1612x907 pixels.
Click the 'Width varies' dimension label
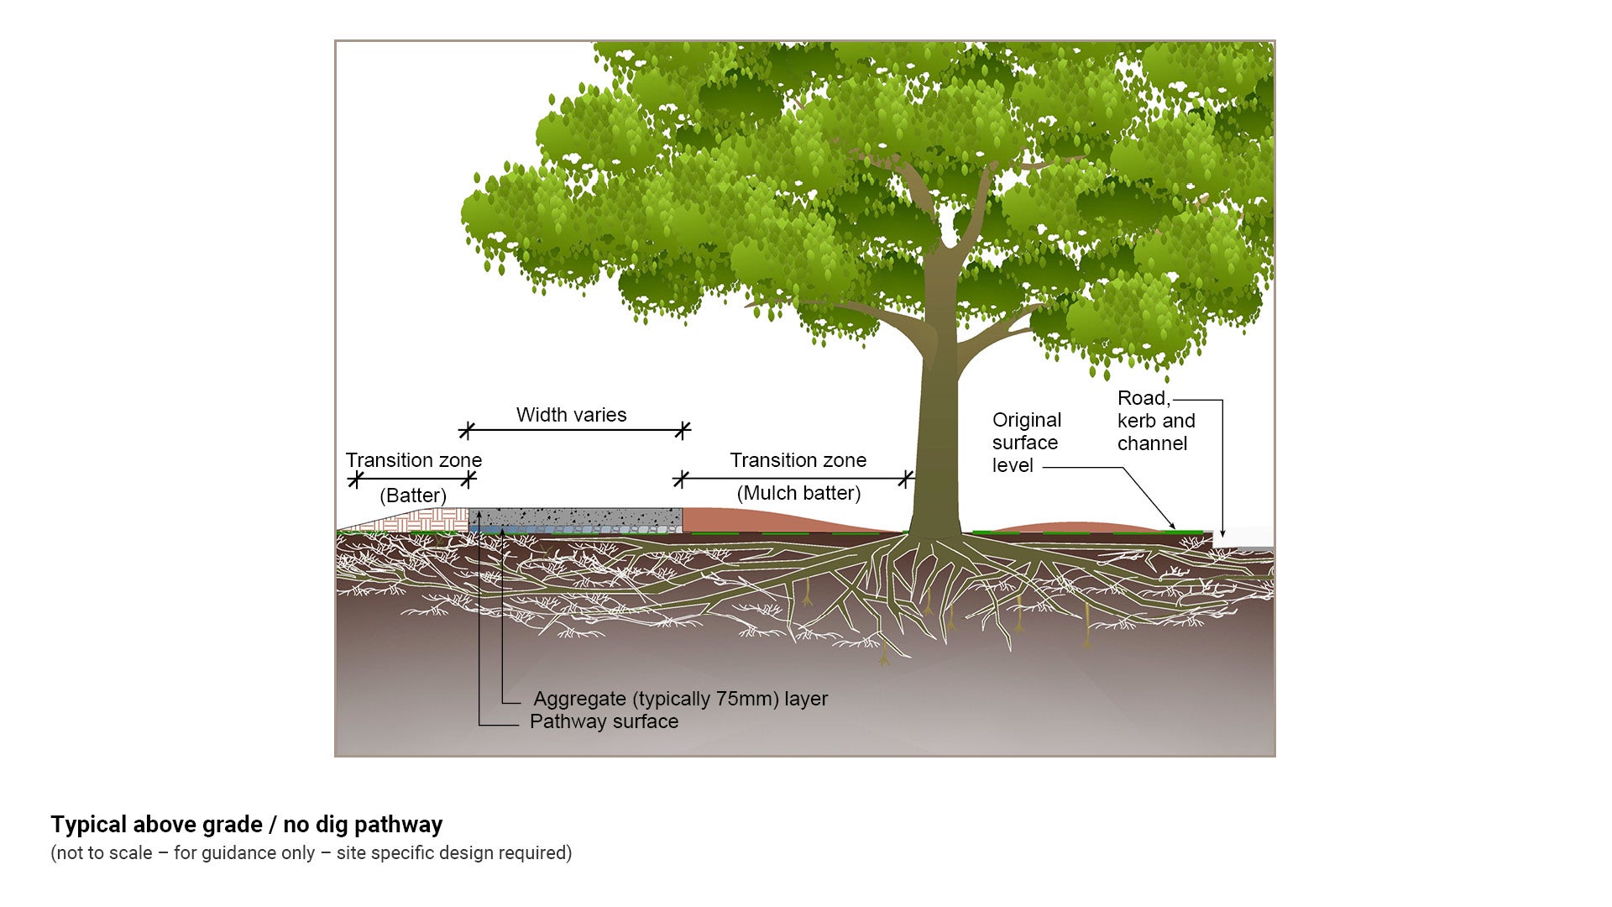pyautogui.click(x=571, y=415)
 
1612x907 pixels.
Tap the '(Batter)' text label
pyautogui.click(x=413, y=495)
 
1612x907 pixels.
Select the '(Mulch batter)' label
pyautogui.click(x=798, y=493)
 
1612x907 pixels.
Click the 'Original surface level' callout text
pyautogui.click(x=1026, y=443)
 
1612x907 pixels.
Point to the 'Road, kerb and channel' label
pyautogui.click(x=1155, y=421)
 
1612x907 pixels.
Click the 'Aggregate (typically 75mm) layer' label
pyautogui.click(x=680, y=699)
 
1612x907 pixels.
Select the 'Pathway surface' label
pyautogui.click(x=604, y=721)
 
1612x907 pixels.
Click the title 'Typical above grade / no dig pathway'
pyautogui.click(x=246, y=825)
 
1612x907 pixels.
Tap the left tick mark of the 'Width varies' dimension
pyautogui.click(x=467, y=431)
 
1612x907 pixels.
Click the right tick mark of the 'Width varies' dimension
pyautogui.click(x=683, y=431)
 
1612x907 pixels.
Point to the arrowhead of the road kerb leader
pyautogui.click(x=1222, y=533)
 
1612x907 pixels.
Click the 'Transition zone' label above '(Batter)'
pyautogui.click(x=413, y=460)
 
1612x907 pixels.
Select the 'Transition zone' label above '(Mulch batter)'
pyautogui.click(x=798, y=460)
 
